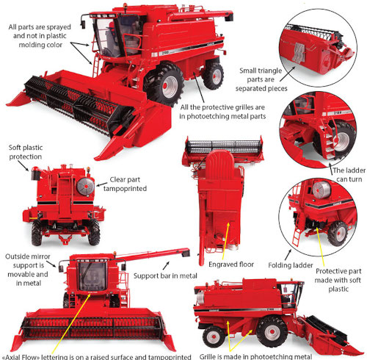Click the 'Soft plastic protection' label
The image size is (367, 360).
[27, 152]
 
